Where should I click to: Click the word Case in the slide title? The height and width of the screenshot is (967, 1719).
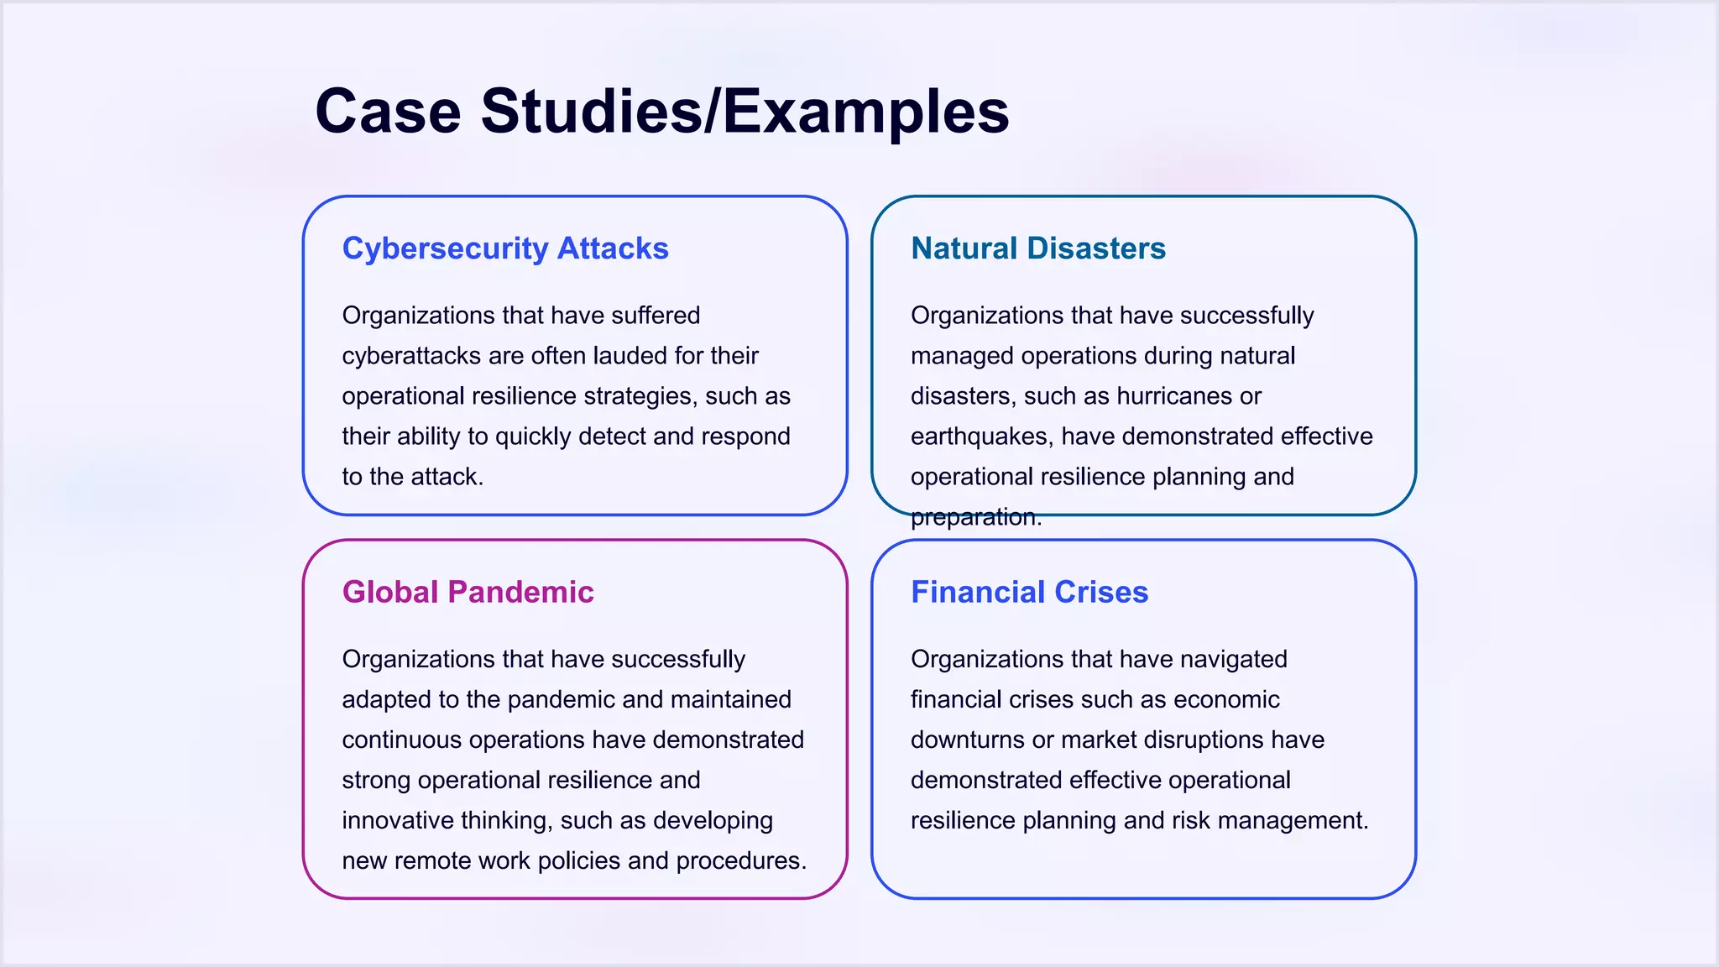(388, 111)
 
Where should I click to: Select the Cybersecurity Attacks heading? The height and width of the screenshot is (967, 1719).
(505, 248)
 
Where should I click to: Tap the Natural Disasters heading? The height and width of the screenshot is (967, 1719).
(1038, 248)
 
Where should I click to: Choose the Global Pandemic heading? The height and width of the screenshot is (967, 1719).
(468, 592)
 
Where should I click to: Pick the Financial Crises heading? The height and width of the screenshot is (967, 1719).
(1029, 592)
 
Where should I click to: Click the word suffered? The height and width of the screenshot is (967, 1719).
(656, 316)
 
